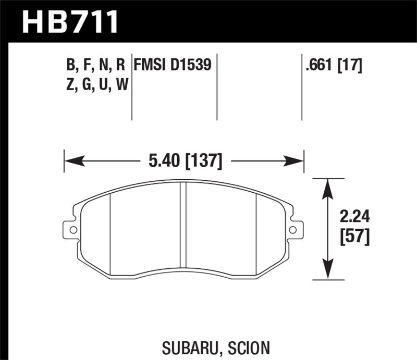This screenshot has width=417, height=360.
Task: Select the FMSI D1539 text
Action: coord(173,65)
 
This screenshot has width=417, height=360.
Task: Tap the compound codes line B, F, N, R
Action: coord(96,65)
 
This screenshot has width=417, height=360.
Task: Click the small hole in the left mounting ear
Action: coord(72,229)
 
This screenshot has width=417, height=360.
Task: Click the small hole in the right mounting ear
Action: coord(293,229)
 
